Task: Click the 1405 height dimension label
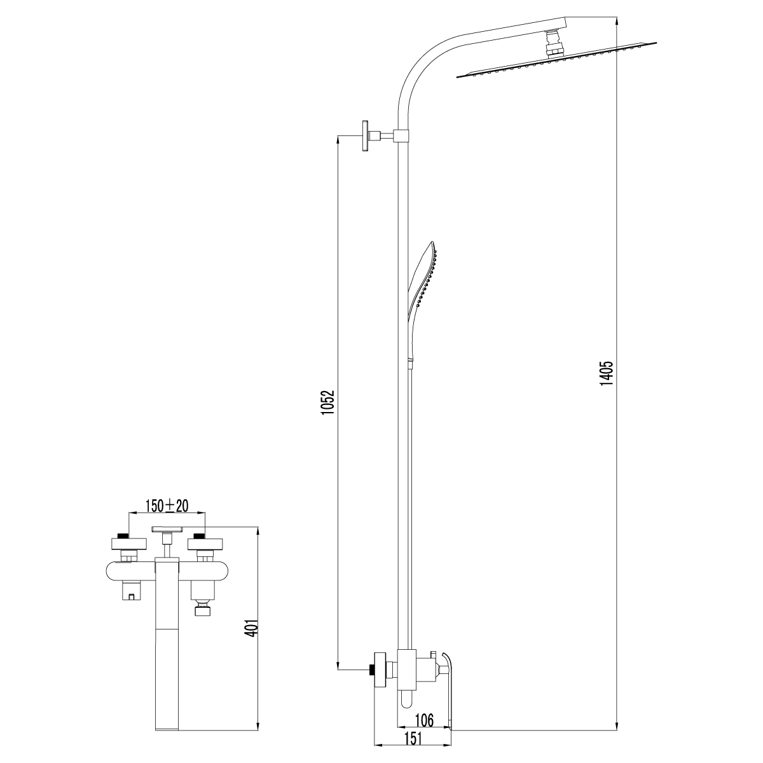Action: tap(607, 373)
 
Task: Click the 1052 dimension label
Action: tap(328, 402)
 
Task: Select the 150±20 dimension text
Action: tap(167, 505)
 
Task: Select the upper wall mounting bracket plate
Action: tap(364, 136)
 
